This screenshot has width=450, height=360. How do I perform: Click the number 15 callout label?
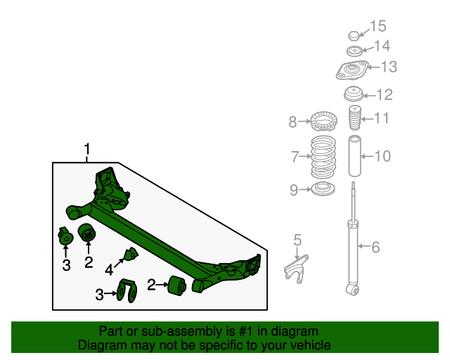pos(378,27)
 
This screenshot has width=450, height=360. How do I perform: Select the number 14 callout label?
pos(381,46)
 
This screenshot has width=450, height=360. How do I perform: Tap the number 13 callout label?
pos(389,67)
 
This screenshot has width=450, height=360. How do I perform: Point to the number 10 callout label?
pos(382,155)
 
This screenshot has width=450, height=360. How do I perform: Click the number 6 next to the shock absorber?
pos(375,247)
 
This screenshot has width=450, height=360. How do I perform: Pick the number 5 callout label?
pos(297,240)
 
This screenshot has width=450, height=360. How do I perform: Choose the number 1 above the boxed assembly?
pos(87,150)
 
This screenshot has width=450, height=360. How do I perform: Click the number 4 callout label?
pos(109,269)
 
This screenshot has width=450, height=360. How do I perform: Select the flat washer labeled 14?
pos(355,51)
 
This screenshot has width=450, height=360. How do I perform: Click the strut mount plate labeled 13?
pos(352,72)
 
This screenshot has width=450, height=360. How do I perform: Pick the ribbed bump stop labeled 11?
pos(354,119)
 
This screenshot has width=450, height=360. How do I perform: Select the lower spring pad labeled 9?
pos(323,188)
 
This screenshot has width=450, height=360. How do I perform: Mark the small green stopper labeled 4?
pos(131,255)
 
